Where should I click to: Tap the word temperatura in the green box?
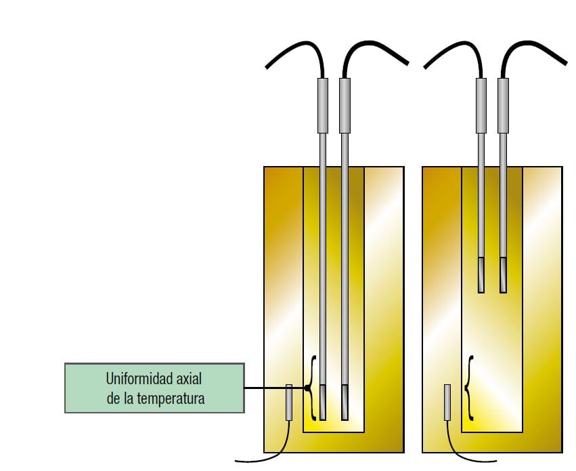[170, 398]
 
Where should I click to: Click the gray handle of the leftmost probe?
[323, 105]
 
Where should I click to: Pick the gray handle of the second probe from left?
[345, 105]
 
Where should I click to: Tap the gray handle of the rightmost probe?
[503, 105]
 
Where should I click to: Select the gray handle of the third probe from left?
[481, 105]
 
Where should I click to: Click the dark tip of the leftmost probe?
[323, 403]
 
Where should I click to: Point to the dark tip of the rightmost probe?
[503, 274]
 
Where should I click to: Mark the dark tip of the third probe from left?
[481, 274]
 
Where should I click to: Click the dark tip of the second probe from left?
[345, 403]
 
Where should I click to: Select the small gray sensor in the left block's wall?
[289, 403]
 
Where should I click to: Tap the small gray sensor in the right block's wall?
[447, 403]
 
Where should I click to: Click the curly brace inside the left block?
[311, 388]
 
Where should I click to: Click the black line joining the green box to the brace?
[274, 388]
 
